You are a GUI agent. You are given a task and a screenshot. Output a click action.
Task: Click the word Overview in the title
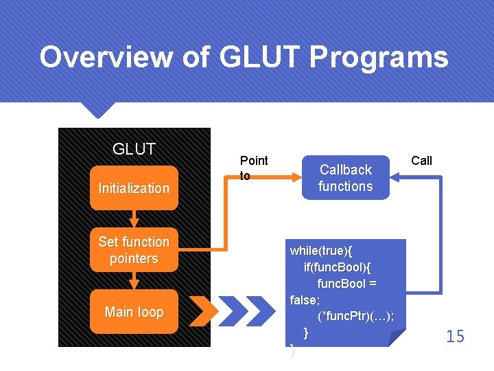point(105,57)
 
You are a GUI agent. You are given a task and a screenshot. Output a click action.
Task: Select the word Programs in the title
point(379,57)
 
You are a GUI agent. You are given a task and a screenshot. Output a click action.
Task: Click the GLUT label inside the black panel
point(134,149)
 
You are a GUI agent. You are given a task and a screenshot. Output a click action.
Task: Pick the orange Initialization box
point(134,188)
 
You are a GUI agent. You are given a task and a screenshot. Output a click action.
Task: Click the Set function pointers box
point(134,250)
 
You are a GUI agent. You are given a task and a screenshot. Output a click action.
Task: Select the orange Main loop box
point(134,312)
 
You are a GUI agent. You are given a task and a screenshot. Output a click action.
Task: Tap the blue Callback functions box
point(346,178)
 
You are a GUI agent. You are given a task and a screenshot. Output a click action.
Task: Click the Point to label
point(253,168)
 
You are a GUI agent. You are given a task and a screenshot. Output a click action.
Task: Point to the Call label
point(421,161)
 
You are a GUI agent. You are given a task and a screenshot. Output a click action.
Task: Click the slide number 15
point(455,336)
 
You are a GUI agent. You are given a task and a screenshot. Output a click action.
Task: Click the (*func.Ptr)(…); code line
point(356,316)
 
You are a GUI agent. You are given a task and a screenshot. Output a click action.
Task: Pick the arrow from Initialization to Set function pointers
point(134,219)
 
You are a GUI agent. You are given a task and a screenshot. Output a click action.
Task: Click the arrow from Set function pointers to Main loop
point(134,280)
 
